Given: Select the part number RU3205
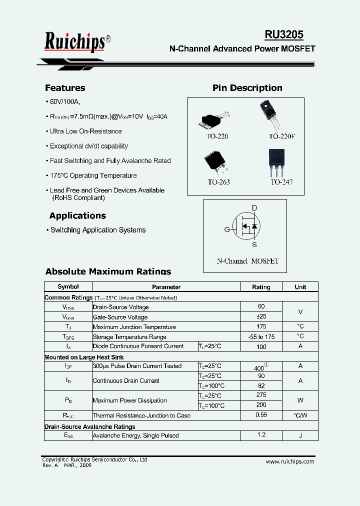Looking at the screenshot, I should [x=283, y=34].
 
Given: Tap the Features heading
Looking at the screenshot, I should [x=65, y=88].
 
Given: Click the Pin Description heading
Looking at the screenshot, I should [x=247, y=88].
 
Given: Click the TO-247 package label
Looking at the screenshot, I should [x=281, y=182].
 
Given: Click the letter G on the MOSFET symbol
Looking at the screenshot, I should [x=227, y=230].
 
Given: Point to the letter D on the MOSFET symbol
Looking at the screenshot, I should [x=254, y=208].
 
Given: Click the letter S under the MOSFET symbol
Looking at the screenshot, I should [x=254, y=244].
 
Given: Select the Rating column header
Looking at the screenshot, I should [x=261, y=287].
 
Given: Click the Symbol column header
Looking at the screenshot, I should [x=68, y=287].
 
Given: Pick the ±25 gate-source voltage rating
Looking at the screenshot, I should [x=261, y=316].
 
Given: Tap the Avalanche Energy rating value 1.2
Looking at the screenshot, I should [x=261, y=435].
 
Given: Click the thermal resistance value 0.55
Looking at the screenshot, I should [x=261, y=415].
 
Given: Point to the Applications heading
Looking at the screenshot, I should [x=77, y=216].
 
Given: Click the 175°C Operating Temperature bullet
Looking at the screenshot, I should [x=93, y=176].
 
